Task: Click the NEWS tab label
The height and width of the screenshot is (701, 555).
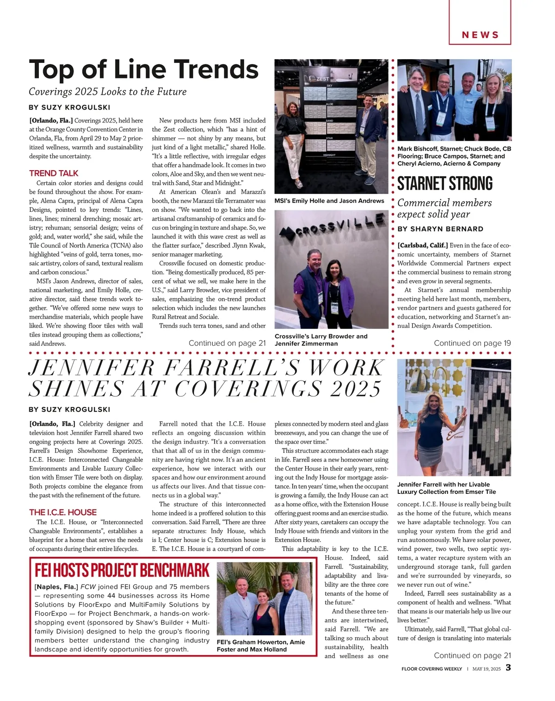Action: [480, 35]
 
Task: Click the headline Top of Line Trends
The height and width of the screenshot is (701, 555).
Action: [143, 70]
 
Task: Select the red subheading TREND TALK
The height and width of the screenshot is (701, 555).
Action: [54, 173]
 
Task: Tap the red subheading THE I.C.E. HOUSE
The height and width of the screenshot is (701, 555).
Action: [63, 512]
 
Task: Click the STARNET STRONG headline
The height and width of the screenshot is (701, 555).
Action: [445, 184]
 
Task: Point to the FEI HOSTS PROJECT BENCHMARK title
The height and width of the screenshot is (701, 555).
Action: [122, 571]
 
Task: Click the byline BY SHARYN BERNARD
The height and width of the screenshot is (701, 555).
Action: [440, 229]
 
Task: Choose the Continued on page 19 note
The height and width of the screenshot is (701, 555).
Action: [472, 343]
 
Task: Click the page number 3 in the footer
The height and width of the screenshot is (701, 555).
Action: [508, 668]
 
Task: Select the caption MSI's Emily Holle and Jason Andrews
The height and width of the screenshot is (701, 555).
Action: [329, 201]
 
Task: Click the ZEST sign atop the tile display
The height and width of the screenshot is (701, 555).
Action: [322, 79]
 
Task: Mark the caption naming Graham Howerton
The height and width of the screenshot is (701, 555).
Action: [261, 646]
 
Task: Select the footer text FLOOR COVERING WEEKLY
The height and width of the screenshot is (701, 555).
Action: [432, 669]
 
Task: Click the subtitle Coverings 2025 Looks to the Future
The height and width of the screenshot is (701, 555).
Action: [108, 92]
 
